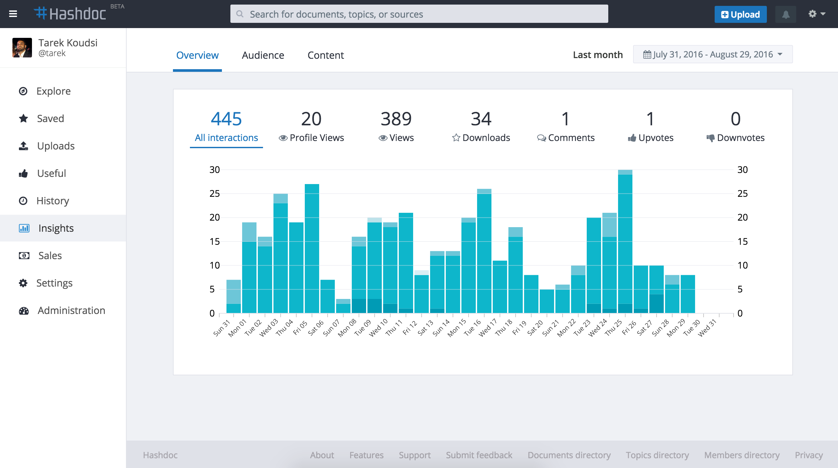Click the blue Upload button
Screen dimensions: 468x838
tap(740, 14)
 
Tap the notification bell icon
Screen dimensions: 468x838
tap(785, 14)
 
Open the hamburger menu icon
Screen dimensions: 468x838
tap(13, 14)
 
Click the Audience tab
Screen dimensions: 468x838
tap(263, 55)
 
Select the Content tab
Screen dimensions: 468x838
tap(325, 55)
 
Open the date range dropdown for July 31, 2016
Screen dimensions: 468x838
tap(713, 54)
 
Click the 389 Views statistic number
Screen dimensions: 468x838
tap(396, 119)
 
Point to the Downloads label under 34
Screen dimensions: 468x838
tap(486, 138)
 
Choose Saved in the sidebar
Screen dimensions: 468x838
tap(50, 118)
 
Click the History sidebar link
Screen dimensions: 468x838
tap(53, 201)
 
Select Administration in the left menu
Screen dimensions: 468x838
tap(71, 310)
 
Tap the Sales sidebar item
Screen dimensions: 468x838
tap(50, 256)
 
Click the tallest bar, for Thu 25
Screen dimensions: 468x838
tap(625, 242)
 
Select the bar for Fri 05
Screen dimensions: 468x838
tap(312, 248)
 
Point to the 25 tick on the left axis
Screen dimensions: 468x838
tap(214, 194)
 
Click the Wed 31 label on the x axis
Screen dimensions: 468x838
tap(707, 327)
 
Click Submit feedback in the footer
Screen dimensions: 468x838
tap(479, 455)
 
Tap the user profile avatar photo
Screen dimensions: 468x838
tap(22, 48)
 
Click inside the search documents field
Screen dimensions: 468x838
tap(419, 14)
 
